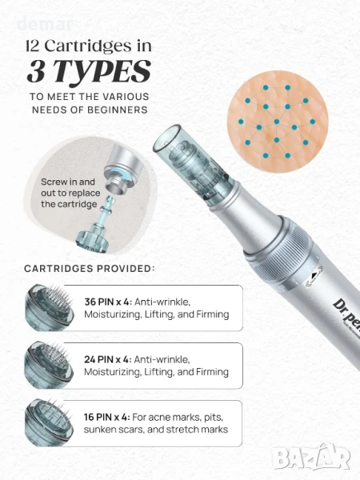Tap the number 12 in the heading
(33, 46)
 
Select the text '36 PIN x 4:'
(108, 302)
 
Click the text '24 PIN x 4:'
(108, 359)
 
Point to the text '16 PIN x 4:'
(107, 417)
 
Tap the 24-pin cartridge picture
(50, 365)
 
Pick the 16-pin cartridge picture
(50, 422)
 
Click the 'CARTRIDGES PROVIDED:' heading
(90, 269)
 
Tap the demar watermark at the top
(45, 25)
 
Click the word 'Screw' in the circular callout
(54, 182)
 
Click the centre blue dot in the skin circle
(277, 122)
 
